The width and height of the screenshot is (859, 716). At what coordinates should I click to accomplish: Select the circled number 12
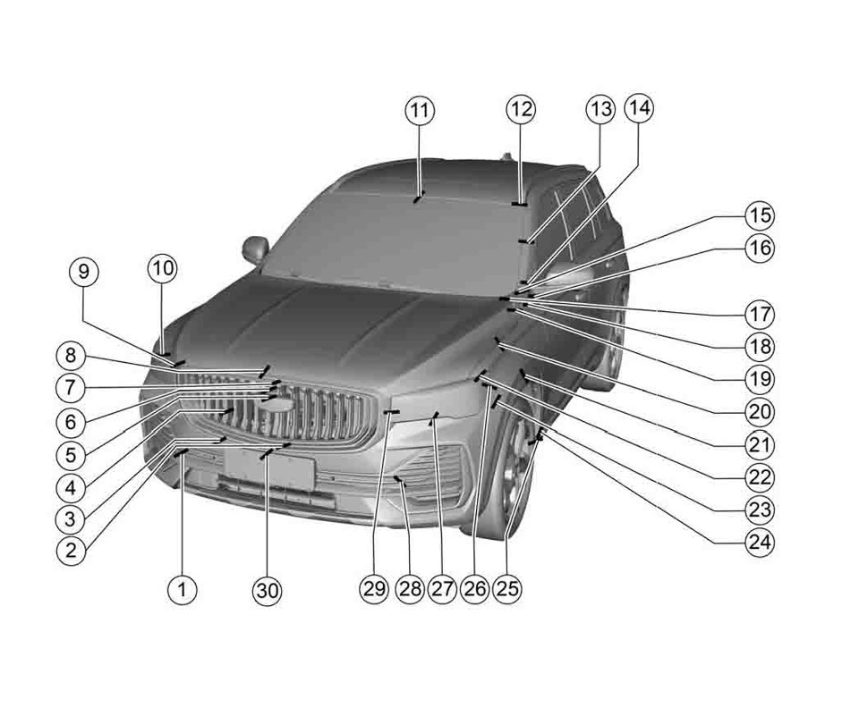[x=521, y=110]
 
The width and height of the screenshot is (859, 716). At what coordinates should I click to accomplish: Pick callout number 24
[x=759, y=542]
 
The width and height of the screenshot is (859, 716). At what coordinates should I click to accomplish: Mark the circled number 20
[x=759, y=411]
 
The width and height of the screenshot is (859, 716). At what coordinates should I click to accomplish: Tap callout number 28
[x=409, y=588]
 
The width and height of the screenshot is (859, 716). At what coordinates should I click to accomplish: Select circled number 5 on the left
[x=70, y=453]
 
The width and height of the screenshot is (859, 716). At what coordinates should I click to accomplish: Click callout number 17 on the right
[x=759, y=315]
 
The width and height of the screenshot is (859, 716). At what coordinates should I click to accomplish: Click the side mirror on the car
[x=255, y=248]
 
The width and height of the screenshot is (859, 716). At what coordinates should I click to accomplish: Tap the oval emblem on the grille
[x=278, y=405]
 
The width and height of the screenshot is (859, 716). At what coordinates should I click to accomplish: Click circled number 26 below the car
[x=474, y=588]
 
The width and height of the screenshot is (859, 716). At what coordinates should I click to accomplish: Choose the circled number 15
[x=759, y=216]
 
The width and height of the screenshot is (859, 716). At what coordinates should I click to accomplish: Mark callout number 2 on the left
[x=70, y=550]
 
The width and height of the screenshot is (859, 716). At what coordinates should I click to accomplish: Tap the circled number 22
[x=759, y=476]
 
